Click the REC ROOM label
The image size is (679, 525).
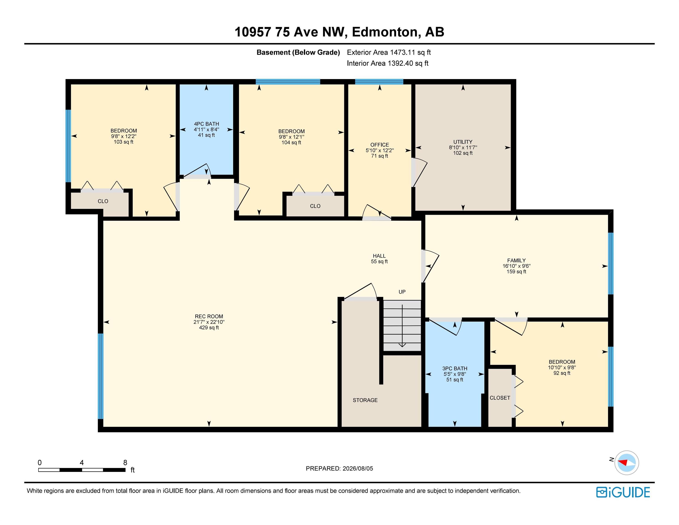coord(209,316)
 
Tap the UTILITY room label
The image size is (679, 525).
coord(463,142)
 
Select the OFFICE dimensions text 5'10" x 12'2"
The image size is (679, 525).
coord(380,150)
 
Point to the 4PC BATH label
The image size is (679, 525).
coord(206,124)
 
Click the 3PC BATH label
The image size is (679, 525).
coord(455,368)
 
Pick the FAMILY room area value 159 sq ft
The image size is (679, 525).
coord(516,272)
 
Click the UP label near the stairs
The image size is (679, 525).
coord(402,292)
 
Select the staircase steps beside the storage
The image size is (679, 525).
coord(402,325)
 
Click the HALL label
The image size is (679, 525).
coord(379,256)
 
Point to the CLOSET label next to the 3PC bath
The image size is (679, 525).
coord(500,398)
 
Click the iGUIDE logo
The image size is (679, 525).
coord(623,492)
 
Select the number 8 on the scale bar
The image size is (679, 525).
coord(125,463)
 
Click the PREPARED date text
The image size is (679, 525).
coord(339,468)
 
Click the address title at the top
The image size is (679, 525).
coord(339,32)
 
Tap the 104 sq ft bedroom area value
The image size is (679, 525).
coord(291,142)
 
